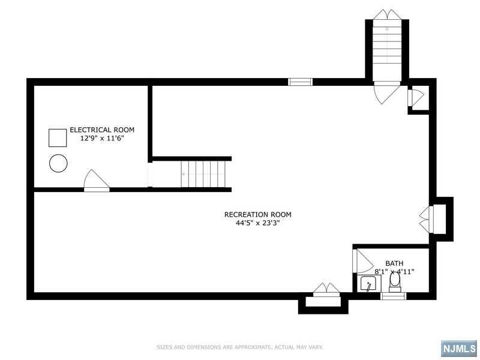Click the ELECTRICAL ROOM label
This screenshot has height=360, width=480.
(x=102, y=130)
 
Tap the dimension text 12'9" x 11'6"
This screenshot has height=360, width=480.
(x=102, y=139)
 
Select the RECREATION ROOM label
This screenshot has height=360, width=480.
(x=258, y=215)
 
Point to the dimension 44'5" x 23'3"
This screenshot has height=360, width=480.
(x=258, y=223)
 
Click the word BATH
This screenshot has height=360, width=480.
(x=394, y=263)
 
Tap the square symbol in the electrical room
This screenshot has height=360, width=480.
(x=58, y=138)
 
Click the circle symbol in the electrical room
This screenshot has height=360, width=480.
(x=58, y=163)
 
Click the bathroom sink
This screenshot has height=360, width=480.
(x=369, y=283)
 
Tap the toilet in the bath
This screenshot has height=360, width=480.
(x=395, y=282)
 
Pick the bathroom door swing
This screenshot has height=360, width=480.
(x=363, y=261)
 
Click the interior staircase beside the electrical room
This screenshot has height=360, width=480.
(x=203, y=174)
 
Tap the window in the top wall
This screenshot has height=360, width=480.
(x=301, y=82)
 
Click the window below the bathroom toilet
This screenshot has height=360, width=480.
(x=394, y=296)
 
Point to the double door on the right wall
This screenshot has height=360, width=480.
(x=426, y=219)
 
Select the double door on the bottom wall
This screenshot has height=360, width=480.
(x=326, y=290)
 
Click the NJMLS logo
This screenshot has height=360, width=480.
(x=459, y=349)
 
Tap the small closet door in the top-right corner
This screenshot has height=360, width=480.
(x=416, y=97)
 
